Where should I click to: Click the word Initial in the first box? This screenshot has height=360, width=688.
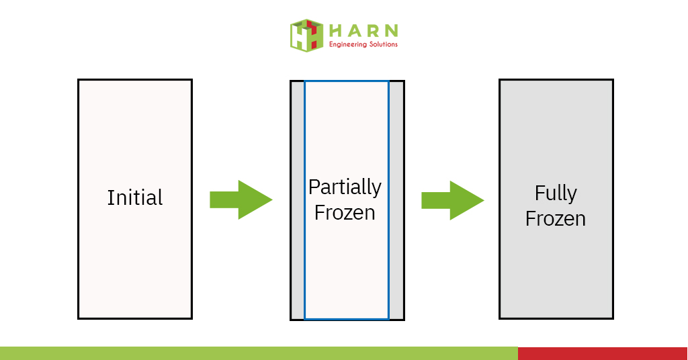pyautogui.click(x=135, y=197)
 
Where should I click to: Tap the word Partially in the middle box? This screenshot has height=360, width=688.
pyautogui.click(x=345, y=188)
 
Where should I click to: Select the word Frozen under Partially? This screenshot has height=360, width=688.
pyautogui.click(x=345, y=213)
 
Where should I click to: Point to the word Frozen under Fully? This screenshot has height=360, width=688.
pyautogui.click(x=556, y=218)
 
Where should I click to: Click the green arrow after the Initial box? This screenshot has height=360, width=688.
pyautogui.click(x=241, y=199)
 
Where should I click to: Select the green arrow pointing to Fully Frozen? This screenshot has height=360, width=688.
pyautogui.click(x=452, y=200)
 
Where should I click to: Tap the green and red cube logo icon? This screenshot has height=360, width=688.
pyautogui.click(x=306, y=36)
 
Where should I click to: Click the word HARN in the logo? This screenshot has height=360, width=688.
pyautogui.click(x=363, y=31)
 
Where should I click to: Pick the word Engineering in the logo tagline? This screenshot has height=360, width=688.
pyautogui.click(x=347, y=44)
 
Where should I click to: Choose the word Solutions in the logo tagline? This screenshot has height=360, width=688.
pyautogui.click(x=383, y=44)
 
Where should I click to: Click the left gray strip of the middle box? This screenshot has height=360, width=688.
pyautogui.click(x=298, y=200)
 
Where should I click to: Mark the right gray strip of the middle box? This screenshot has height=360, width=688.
pyautogui.click(x=396, y=200)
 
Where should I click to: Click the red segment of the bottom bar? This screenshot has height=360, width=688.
pyautogui.click(x=603, y=353)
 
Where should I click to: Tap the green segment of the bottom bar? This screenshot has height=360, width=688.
pyautogui.click(x=259, y=353)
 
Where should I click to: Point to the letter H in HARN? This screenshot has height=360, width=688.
pyautogui.click(x=335, y=31)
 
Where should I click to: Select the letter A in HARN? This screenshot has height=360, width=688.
pyautogui.click(x=354, y=31)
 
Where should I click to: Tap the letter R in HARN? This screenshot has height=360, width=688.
pyautogui.click(x=373, y=31)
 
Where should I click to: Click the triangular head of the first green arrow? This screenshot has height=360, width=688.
pyautogui.click(x=253, y=199)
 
